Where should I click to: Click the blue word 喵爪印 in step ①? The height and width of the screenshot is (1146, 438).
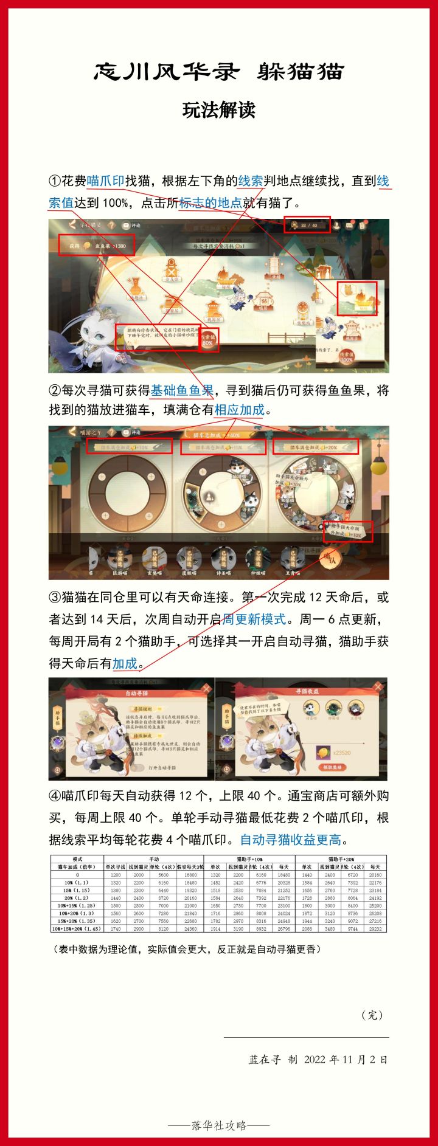click(105, 181)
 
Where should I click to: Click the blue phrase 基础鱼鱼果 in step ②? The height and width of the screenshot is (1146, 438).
click(182, 390)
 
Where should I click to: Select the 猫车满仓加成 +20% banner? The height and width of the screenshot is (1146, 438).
click(315, 447)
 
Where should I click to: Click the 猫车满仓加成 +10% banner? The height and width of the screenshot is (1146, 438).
click(128, 447)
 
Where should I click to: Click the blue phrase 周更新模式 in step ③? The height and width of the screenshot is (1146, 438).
click(254, 620)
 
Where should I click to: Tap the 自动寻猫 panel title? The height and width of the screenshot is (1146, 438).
click(136, 693)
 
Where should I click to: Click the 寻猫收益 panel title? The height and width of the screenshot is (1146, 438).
click(307, 692)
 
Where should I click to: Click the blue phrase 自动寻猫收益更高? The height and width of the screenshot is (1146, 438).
click(291, 840)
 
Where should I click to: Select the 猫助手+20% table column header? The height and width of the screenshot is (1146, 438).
click(341, 859)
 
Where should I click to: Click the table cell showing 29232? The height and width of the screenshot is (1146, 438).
click(375, 929)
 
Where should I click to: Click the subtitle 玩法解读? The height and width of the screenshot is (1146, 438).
click(219, 110)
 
